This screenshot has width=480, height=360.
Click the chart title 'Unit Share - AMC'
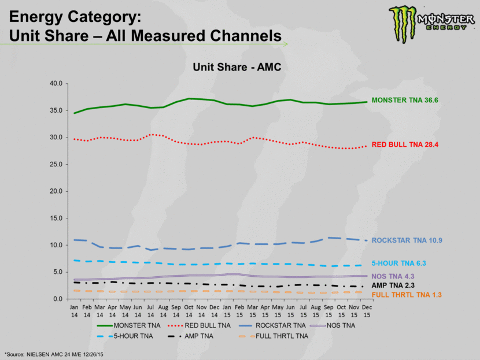pos(237,68)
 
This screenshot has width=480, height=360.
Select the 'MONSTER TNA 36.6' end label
pos(405,101)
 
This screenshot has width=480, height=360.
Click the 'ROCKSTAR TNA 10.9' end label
pos(410,240)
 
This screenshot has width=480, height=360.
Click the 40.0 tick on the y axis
pos(56,83)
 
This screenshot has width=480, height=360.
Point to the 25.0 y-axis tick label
pos(56,164)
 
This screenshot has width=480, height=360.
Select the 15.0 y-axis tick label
pos(56,218)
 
